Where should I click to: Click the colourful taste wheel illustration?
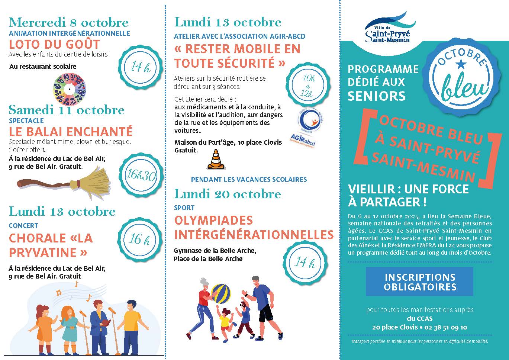point(70,89)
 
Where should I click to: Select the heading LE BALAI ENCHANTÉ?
point(71,132)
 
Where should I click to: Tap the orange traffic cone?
point(214,160)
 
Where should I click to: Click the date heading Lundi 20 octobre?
point(228,194)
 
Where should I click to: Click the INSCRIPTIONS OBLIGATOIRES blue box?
point(420,282)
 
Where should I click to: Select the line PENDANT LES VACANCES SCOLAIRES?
point(249,180)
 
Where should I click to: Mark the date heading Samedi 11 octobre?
point(67,110)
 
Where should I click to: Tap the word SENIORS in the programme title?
point(376,96)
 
